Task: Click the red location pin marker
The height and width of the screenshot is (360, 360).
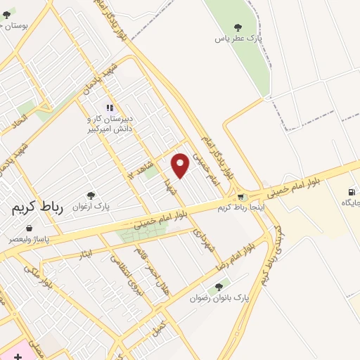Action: (181, 165)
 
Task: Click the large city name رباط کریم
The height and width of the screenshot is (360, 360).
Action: (38, 208)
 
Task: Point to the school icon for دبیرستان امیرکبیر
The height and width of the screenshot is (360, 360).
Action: (109, 108)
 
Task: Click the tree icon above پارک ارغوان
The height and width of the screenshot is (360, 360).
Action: (90, 195)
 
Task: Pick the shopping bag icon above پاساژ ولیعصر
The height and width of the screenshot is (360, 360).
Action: (29, 229)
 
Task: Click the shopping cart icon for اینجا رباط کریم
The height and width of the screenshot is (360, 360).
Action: (241, 198)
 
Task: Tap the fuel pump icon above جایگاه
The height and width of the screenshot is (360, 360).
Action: (351, 191)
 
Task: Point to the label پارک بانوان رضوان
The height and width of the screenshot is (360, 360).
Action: (219, 298)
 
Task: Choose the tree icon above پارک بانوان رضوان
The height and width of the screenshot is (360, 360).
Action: (219, 287)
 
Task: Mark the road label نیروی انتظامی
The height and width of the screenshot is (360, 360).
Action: (122, 271)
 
